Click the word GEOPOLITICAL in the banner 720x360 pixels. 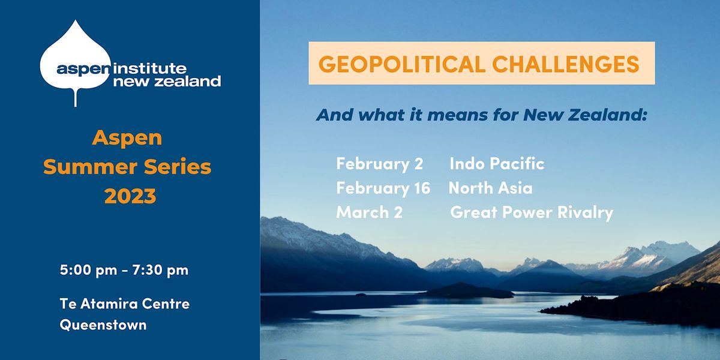pyautogui.click(x=401, y=64)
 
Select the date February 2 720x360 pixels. pyautogui.click(x=380, y=163)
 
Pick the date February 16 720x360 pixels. pyautogui.click(x=383, y=188)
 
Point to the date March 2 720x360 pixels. pyautogui.click(x=365, y=212)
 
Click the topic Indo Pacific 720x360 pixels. pyautogui.click(x=497, y=163)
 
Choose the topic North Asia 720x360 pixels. pyautogui.click(x=491, y=188)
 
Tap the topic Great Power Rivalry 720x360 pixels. pyautogui.click(x=532, y=212)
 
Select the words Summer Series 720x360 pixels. pyautogui.click(x=127, y=167)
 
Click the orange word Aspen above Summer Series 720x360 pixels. pyautogui.click(x=127, y=137)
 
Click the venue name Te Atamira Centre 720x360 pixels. pyautogui.click(x=125, y=304)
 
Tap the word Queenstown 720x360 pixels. pyautogui.click(x=103, y=325)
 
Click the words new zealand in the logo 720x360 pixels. pyautogui.click(x=167, y=81)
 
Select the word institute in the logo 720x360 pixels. pyautogui.click(x=150, y=68)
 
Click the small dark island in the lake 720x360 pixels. pyautogui.click(x=468, y=291)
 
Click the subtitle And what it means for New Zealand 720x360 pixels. pyautogui.click(x=482, y=114)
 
